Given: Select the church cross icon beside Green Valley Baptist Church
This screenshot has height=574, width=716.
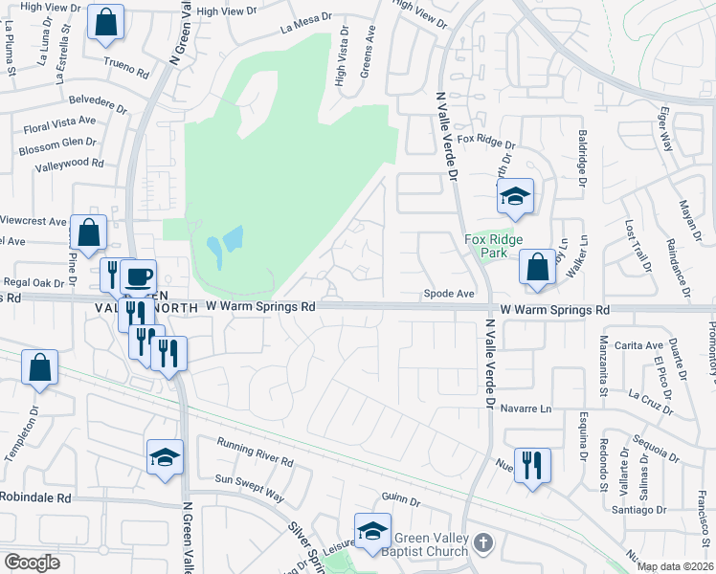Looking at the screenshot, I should click(484, 542).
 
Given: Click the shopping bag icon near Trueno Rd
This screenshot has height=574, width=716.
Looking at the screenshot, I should click(105, 22).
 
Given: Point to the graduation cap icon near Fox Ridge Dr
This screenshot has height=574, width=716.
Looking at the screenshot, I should click(515, 197).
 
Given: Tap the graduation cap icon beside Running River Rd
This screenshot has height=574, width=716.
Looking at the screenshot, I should click(165, 456).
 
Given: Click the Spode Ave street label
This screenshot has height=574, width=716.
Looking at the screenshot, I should click(450, 294).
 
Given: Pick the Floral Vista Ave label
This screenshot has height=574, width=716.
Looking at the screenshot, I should click(59, 122).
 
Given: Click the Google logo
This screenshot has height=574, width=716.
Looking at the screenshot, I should click(32, 563).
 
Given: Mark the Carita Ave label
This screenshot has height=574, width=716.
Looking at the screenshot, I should click(640, 346).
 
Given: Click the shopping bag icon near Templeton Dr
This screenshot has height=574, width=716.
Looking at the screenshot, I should click(39, 368).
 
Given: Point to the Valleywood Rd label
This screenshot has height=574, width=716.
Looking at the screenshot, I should click(68, 164).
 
